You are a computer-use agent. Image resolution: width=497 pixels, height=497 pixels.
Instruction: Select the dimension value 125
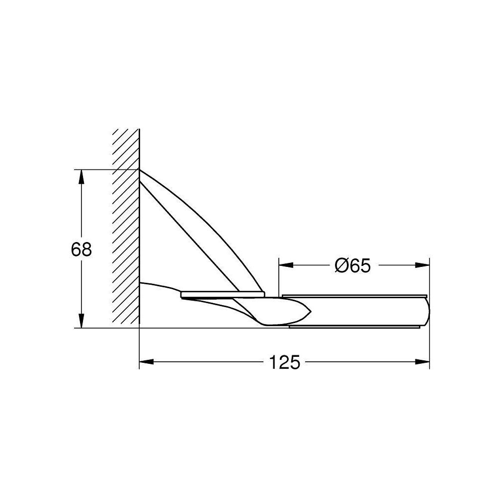(x=284, y=362)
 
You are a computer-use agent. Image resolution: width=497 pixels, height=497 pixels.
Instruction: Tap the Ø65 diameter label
(x=352, y=265)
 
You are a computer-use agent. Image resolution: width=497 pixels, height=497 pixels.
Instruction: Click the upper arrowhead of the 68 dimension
(x=82, y=176)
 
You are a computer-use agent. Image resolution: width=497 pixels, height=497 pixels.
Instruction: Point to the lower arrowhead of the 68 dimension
(x=82, y=321)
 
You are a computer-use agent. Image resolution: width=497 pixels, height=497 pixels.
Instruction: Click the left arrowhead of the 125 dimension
(x=147, y=362)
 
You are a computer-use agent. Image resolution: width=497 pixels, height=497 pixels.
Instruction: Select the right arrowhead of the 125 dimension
(x=422, y=362)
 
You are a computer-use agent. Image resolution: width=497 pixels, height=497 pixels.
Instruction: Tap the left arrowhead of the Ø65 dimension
(x=286, y=265)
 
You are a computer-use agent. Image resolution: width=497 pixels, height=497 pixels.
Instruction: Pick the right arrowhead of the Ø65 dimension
(x=422, y=265)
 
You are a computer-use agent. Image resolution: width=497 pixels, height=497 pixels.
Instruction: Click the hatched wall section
(x=126, y=226)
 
